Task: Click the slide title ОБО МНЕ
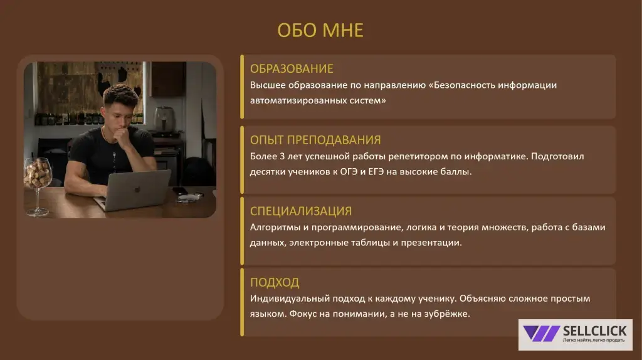tap(320, 30)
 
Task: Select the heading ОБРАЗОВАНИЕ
tap(292, 68)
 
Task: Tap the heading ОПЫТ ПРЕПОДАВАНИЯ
tap(315, 140)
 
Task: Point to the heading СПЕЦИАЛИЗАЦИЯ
tap(301, 211)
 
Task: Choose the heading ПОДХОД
tap(275, 282)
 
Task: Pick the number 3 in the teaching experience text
tap(282, 156)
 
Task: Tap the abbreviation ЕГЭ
tap(376, 172)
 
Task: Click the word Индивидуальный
tap(290, 299)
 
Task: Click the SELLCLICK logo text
tap(594, 331)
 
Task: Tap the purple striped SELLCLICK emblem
tap(541, 334)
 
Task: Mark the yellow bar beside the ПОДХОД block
tap(242, 302)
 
